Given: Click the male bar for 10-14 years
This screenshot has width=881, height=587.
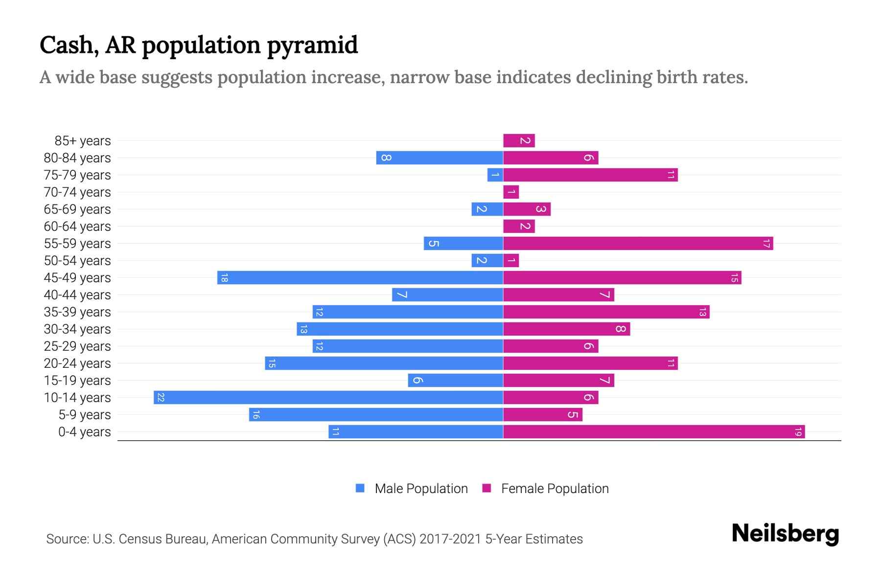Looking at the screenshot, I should pos(328,397).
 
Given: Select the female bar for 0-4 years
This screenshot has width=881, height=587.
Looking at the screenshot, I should pos(653,431).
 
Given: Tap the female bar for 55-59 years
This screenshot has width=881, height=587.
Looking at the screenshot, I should pos(638,243).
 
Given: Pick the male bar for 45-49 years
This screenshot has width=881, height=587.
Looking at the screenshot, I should pos(360,277).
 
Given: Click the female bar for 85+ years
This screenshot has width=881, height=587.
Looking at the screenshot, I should pos(519,140).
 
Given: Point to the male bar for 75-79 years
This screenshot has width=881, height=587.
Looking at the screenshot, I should pos(495,175).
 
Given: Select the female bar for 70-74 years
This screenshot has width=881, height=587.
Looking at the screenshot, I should pos(511,192).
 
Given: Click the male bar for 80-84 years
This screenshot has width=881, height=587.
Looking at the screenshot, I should pos(439,158).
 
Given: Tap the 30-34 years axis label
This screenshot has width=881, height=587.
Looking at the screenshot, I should pos(77,329).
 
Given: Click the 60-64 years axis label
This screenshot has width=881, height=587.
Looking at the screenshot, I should pos(77,226).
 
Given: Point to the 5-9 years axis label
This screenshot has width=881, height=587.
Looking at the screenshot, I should pos(84,415).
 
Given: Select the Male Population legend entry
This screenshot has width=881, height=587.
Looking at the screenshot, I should pos(411,488).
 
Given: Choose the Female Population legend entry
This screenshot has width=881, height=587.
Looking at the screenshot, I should pos(545,488).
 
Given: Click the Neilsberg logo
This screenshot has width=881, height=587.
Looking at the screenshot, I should pos(785,534).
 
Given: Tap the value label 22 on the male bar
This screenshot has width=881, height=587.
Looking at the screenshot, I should pos(161,397).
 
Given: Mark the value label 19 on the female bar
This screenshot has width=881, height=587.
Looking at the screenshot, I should pos(798,431).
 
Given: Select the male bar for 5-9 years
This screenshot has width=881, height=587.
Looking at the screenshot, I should pos(375,414).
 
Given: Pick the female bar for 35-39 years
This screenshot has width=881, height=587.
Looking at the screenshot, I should pos(606,312).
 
